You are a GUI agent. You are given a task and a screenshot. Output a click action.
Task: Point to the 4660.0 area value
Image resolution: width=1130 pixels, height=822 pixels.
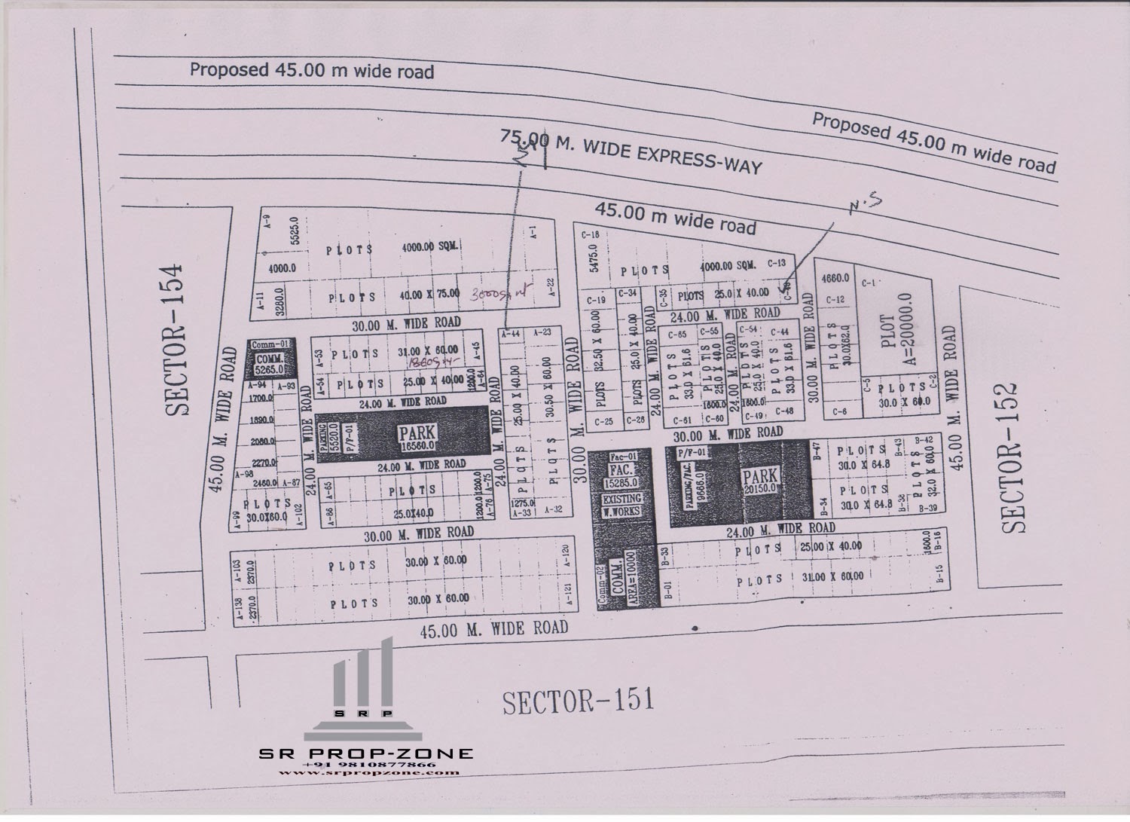click(x=836, y=278)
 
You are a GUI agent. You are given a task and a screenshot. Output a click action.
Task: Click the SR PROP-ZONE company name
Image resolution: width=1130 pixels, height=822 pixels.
click(x=366, y=753)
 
